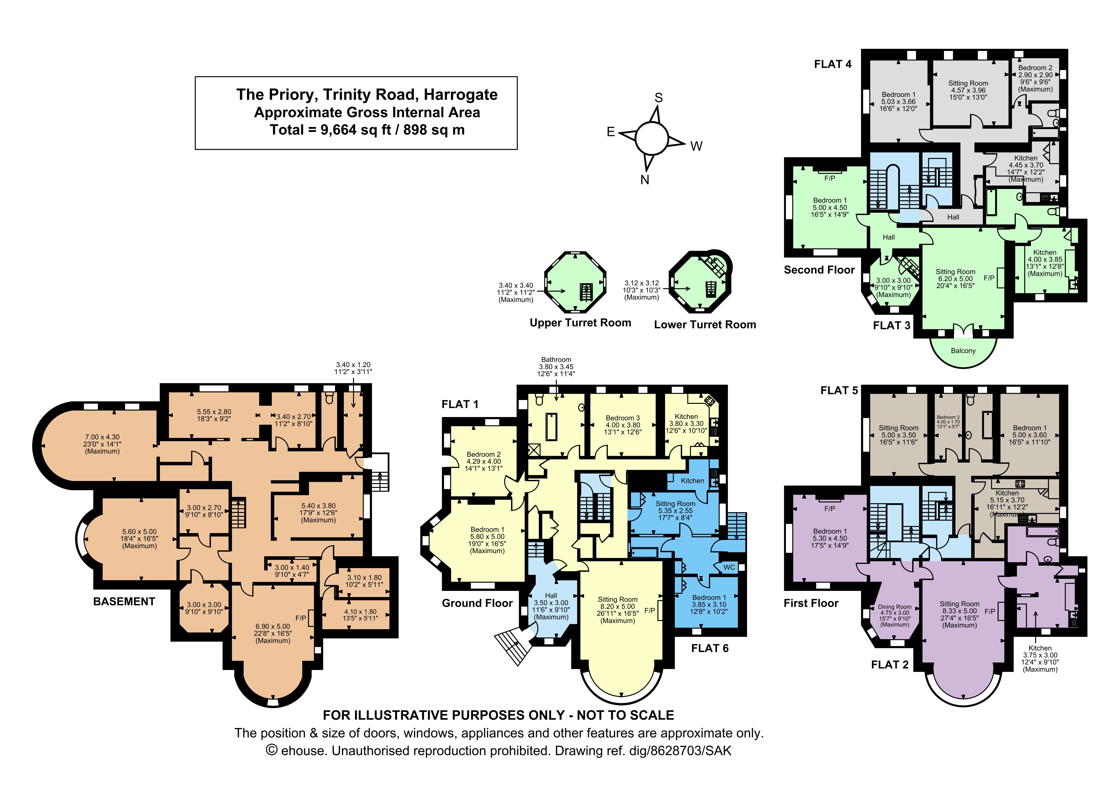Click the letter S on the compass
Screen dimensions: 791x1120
pos(659,98)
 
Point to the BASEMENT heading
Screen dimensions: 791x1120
pos(124,601)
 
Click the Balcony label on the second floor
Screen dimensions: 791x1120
pos(963,351)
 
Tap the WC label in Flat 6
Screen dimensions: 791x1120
pos(729,567)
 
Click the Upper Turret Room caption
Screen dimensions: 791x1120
pos(580,323)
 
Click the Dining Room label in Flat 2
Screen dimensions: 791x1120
pos(895,607)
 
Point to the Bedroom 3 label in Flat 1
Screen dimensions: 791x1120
pos(622,418)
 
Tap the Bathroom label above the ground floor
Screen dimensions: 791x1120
pos(556,359)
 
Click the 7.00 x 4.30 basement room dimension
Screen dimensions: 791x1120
pos(102,437)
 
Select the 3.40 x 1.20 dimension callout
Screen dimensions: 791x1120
pos(353,365)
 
